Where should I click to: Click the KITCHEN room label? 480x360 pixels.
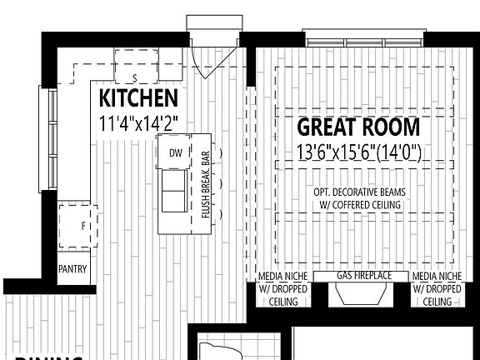click(138, 98)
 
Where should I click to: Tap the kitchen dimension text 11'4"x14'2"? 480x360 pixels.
click(138, 122)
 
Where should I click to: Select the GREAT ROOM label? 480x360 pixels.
click(358, 127)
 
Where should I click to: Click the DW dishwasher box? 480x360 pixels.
click(175, 152)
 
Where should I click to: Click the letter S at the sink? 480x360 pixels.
click(135, 80)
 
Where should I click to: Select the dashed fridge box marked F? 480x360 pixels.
click(78, 226)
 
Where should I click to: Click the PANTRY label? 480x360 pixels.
click(72, 269)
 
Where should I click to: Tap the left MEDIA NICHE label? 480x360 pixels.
click(283, 276)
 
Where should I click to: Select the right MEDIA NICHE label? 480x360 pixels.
click(438, 276)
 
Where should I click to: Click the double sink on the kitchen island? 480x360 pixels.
click(175, 192)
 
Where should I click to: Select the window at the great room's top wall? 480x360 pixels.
click(365, 39)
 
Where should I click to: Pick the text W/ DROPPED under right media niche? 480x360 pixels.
click(438, 288)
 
